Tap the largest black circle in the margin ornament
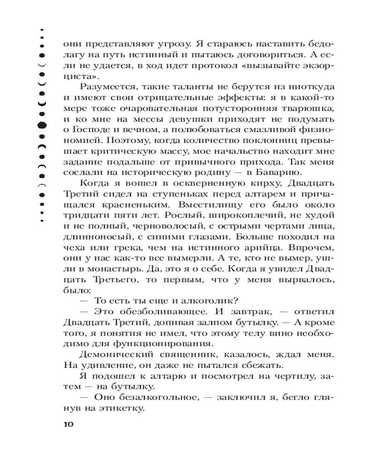(42, 125)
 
